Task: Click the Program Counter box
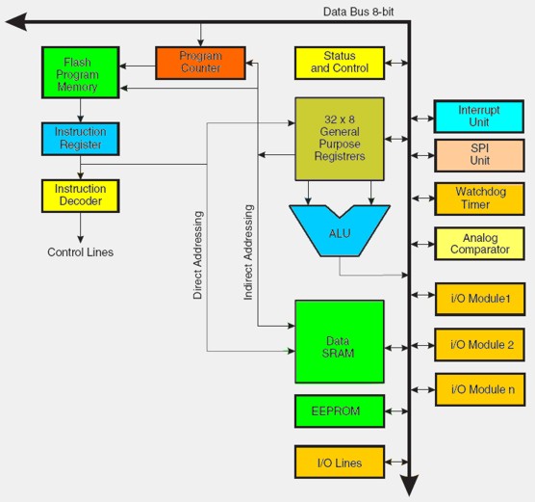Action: [200, 63]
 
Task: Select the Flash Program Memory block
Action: [81, 72]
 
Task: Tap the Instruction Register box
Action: [81, 139]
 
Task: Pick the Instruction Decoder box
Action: [81, 196]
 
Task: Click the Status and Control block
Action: [340, 63]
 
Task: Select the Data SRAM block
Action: [340, 341]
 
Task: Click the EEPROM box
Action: [340, 411]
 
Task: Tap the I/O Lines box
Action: [340, 462]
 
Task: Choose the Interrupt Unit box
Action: [479, 117]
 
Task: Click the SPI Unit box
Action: [479, 155]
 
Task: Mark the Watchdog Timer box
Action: [479, 198]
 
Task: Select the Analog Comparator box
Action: [479, 244]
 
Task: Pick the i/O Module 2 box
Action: [479, 345]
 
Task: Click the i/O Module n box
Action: [480, 389]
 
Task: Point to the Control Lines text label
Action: [81, 252]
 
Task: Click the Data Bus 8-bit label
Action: [358, 12]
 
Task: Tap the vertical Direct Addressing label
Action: [198, 255]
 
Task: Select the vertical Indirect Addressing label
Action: [248, 252]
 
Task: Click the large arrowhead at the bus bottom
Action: [409, 485]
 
